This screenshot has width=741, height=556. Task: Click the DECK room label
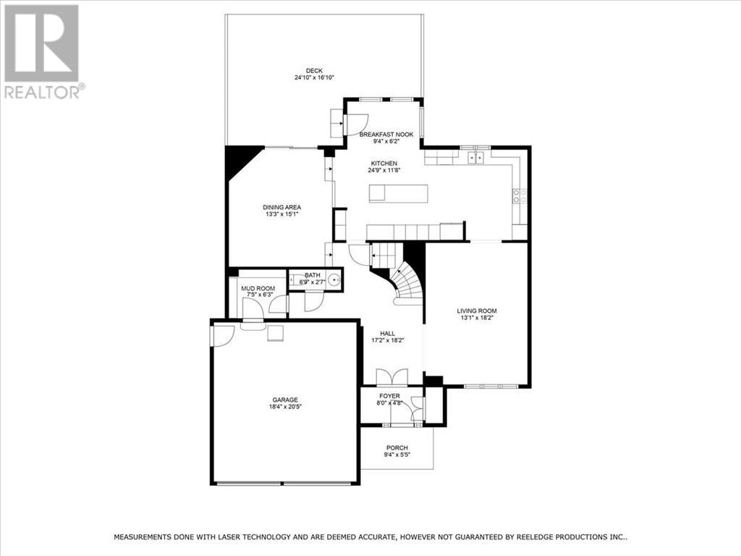pyautogui.click(x=313, y=70)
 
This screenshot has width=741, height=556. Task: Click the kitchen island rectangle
pyautogui.click(x=398, y=193)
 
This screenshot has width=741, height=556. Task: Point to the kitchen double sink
pyautogui.click(x=476, y=156)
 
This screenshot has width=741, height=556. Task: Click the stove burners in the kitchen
pyautogui.click(x=520, y=195)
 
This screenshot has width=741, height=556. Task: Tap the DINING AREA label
pyautogui.click(x=281, y=207)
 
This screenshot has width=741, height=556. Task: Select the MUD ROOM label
pyautogui.click(x=257, y=287)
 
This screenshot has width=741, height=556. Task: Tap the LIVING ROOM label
pyautogui.click(x=477, y=311)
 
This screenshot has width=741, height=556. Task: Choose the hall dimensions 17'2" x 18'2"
pyautogui.click(x=388, y=340)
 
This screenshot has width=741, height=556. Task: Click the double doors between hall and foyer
pyautogui.click(x=391, y=377)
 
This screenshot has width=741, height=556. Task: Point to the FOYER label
pyautogui.click(x=389, y=396)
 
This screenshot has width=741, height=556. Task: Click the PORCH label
pyautogui.click(x=397, y=447)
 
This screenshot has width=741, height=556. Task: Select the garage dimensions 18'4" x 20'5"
pyautogui.click(x=284, y=406)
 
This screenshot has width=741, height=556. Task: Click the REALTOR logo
pyautogui.click(x=42, y=51)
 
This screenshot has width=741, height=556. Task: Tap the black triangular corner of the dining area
pyautogui.click(x=239, y=159)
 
